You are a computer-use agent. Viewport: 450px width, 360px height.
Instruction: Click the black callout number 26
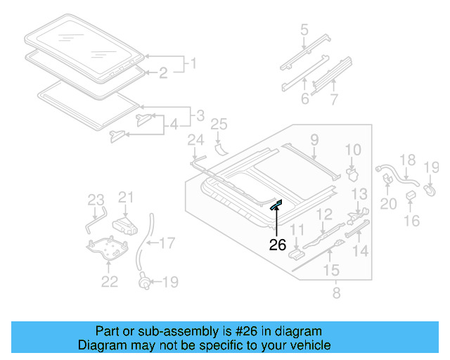(x=278, y=245)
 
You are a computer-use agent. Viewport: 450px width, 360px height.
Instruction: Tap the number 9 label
(x=314, y=139)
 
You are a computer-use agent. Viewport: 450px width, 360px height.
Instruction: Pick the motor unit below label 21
(x=127, y=224)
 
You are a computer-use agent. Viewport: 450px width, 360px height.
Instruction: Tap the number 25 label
(x=219, y=125)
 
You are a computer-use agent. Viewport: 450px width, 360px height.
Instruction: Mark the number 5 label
(x=304, y=30)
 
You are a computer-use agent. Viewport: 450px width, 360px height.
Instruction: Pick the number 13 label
(x=359, y=194)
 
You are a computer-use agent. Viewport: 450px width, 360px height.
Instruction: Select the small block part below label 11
(x=297, y=244)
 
